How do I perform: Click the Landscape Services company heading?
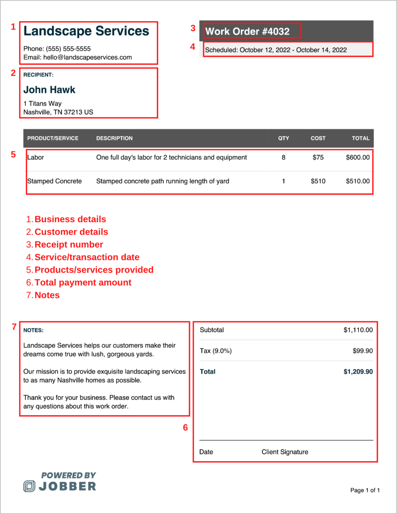86,31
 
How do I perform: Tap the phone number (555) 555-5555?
68,49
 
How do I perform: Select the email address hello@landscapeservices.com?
87,57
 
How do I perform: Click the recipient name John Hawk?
49,90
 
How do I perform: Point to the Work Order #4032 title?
247,32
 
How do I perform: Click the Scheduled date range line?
276,50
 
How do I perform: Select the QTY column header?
283,138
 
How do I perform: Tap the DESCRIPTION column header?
114,138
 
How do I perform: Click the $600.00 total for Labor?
358,157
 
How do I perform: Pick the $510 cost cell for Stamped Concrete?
318,181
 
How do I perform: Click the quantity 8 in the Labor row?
283,157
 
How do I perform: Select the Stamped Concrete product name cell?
54,181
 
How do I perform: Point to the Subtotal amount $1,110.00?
358,330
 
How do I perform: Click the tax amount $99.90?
362,351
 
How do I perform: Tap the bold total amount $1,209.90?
358,372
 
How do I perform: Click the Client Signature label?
285,452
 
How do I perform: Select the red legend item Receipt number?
69,244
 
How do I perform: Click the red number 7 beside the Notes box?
14,327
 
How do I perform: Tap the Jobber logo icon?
29,486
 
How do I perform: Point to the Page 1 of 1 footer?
365,490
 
